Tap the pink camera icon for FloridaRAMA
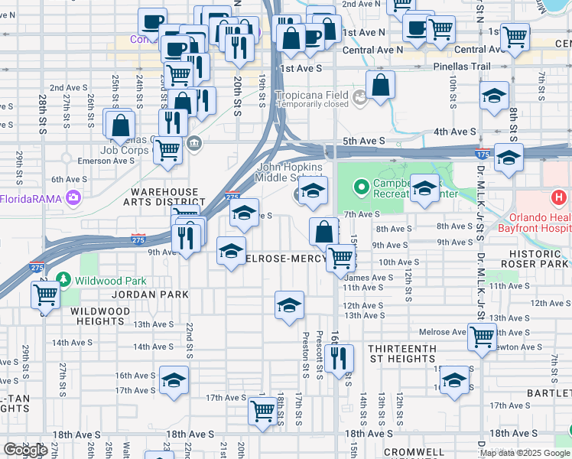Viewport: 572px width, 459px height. click(73, 199)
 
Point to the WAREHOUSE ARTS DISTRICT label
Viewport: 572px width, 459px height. click(164, 197)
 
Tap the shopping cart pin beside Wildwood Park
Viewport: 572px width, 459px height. click(46, 295)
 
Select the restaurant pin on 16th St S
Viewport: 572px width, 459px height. click(338, 356)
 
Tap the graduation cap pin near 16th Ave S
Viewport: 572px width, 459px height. click(174, 379)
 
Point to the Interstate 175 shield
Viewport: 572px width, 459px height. click(482, 154)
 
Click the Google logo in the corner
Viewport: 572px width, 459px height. click(25, 450)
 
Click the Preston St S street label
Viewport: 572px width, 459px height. click(305, 355)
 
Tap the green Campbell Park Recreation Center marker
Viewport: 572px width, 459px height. click(361, 186)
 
